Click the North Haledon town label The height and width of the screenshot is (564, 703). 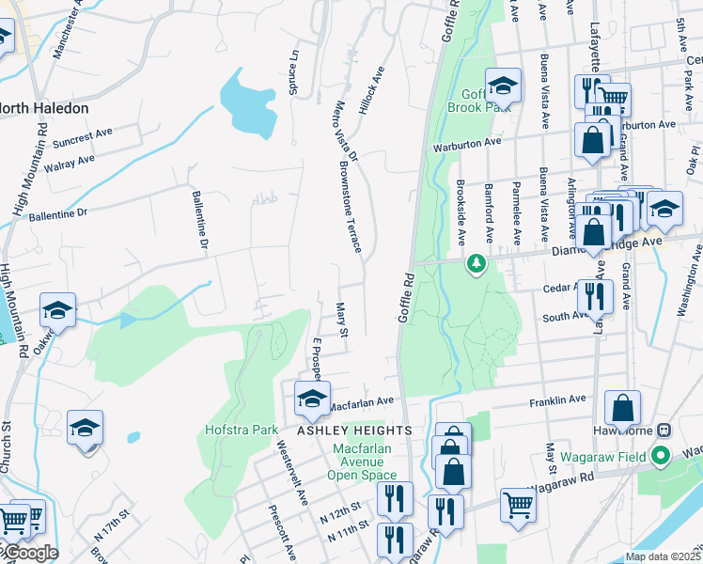(43, 108)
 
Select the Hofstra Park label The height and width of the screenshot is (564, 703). (242, 430)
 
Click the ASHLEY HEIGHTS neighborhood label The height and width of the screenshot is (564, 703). (355, 430)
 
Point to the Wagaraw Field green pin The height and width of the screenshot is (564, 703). (660, 457)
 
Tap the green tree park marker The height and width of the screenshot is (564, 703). (477, 265)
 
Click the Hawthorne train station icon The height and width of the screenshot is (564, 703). (664, 430)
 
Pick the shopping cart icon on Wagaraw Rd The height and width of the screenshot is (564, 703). (518, 505)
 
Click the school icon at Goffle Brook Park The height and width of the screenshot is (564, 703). (503, 86)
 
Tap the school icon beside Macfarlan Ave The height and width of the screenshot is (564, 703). (312, 399)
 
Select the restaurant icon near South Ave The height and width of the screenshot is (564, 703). (596, 295)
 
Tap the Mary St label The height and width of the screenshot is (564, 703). (343, 320)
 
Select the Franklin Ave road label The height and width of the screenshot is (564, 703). (557, 400)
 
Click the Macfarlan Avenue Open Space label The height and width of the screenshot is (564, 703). (362, 462)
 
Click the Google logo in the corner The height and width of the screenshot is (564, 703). (30, 553)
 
